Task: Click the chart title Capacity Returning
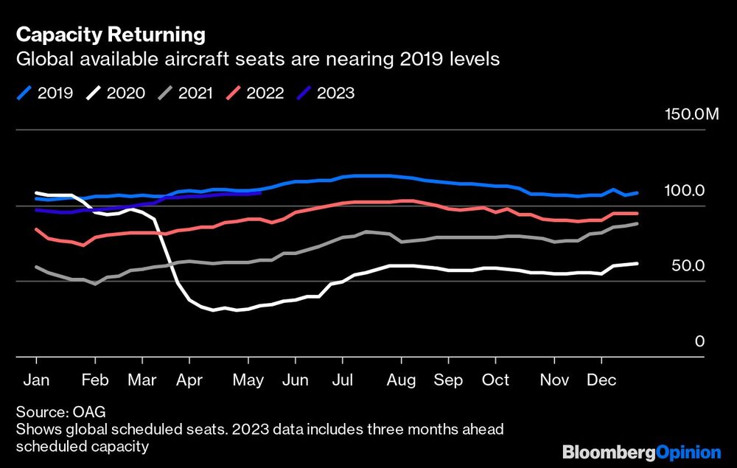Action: (x=111, y=35)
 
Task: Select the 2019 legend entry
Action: (x=46, y=94)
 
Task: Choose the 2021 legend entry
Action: (x=186, y=94)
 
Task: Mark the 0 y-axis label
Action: (x=699, y=341)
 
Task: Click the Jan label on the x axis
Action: (x=36, y=380)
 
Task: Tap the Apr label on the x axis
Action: (x=189, y=380)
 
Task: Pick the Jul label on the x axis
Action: (x=342, y=380)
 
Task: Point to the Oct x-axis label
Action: (x=495, y=380)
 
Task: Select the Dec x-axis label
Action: (x=601, y=380)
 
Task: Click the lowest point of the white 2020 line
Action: (x=214, y=310)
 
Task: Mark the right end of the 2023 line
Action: (x=261, y=193)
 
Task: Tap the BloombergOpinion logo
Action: (x=641, y=452)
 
